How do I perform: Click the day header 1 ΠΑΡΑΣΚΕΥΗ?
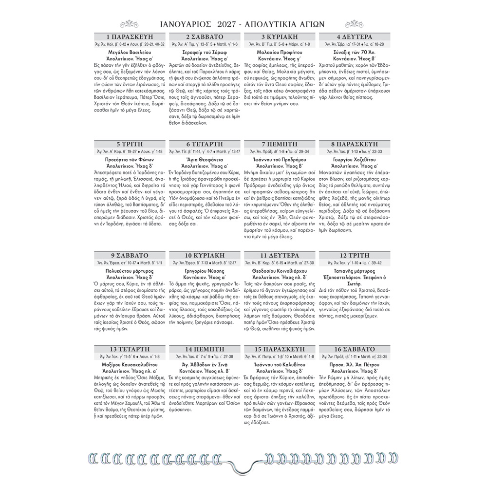point(130,37)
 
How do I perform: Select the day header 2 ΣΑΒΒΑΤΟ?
point(205,37)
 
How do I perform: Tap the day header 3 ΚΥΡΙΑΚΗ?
point(280,37)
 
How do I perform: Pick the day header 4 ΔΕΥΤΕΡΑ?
point(356,37)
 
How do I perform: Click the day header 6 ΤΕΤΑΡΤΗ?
point(205,144)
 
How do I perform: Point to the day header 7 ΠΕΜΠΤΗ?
point(280,144)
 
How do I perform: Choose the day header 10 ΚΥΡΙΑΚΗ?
point(205,255)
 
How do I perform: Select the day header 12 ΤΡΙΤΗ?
point(356,255)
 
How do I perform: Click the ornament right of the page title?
point(354,23)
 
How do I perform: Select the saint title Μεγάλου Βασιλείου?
point(130,52)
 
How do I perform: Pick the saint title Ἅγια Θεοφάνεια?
point(205,159)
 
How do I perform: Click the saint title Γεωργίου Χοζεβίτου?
point(356,159)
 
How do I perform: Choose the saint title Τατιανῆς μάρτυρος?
point(356,270)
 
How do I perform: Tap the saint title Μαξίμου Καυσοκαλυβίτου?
point(130,378)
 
